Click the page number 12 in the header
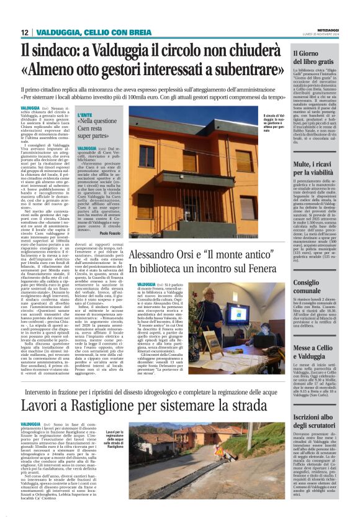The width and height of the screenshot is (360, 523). (24, 32)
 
